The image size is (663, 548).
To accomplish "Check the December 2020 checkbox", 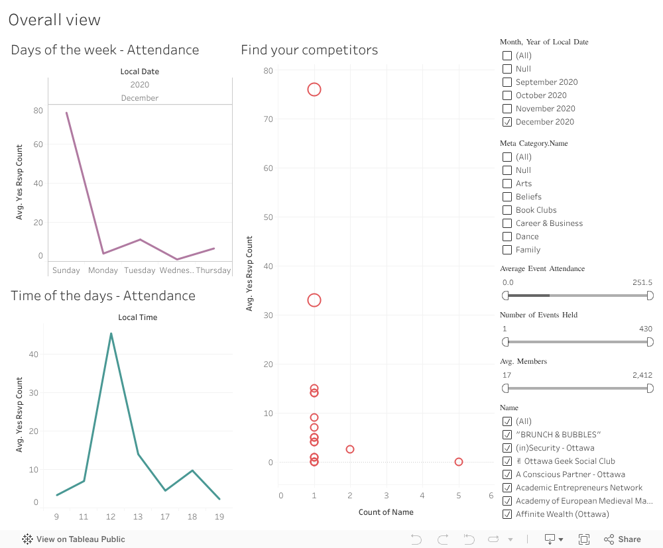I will coord(507,122).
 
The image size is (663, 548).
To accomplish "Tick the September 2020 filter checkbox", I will coord(507,82).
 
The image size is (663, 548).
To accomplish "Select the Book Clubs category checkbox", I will coord(507,210).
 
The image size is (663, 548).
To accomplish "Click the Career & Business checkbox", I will coord(507,223).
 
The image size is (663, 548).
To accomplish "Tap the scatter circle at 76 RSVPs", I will coord(314,89).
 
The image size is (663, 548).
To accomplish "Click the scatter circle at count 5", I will coord(459,462).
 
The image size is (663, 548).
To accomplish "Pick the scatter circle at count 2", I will coord(350,449).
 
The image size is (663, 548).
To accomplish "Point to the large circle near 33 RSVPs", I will coord(314,300).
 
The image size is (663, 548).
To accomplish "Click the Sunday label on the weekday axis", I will coord(66,270).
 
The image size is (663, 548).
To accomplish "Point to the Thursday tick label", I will coord(213,270).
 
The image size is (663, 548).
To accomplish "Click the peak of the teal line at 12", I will coord(111,333).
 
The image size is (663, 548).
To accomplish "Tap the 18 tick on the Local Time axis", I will coord(192,517).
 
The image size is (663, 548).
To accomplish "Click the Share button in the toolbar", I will coord(623,539).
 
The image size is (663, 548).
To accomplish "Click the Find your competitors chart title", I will coord(310,50).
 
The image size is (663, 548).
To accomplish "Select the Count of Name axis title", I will coord(386,512).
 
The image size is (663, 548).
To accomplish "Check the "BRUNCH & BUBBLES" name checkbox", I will coord(507,435).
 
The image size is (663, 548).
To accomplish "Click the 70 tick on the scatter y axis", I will coord(268,119).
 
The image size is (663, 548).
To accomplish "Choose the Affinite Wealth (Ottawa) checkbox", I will coord(507,514).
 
